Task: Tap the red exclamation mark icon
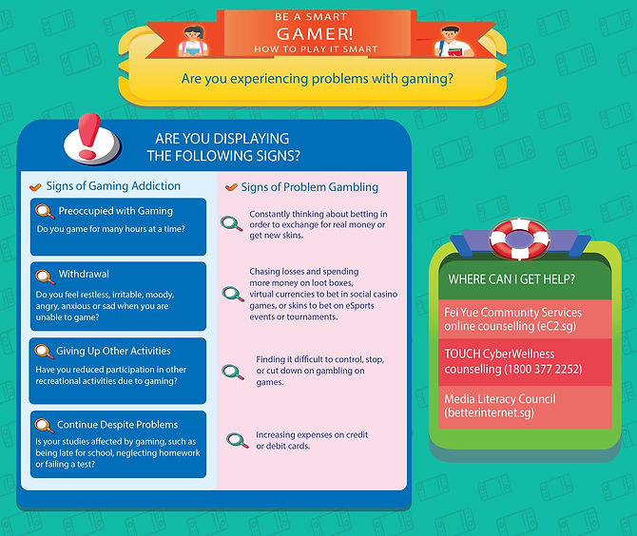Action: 90,136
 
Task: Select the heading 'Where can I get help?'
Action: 505,281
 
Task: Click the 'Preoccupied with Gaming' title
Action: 116,211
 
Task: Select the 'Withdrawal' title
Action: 84,275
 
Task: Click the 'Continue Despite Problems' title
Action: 118,424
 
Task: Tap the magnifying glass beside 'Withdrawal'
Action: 45,277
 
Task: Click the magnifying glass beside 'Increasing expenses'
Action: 236,440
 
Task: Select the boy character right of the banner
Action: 443,41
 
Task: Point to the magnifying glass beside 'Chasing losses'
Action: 233,293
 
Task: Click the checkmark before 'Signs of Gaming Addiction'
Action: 36,187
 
